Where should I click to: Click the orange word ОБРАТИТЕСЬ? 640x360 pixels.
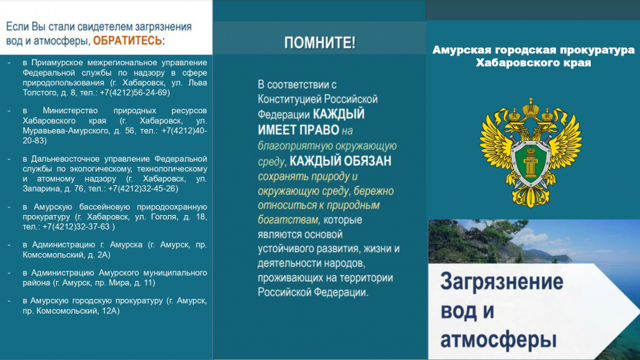click(127, 41)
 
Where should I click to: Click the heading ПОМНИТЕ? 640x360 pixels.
click(319, 43)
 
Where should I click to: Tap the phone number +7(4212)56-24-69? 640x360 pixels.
click(135, 92)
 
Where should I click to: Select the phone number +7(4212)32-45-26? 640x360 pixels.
click(143, 189)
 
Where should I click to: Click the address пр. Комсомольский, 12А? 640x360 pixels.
click(71, 311)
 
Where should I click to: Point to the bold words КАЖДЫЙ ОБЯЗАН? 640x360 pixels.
click(340, 161)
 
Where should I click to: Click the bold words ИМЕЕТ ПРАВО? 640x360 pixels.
click(298, 130)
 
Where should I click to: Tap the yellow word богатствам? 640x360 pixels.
click(288, 220)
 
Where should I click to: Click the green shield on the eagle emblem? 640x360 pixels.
click(530, 163)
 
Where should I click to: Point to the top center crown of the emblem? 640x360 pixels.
click(530, 107)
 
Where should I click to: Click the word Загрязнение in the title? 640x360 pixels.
click(502, 282)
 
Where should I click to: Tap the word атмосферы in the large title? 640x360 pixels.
click(498, 341)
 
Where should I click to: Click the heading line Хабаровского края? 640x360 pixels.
click(533, 63)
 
